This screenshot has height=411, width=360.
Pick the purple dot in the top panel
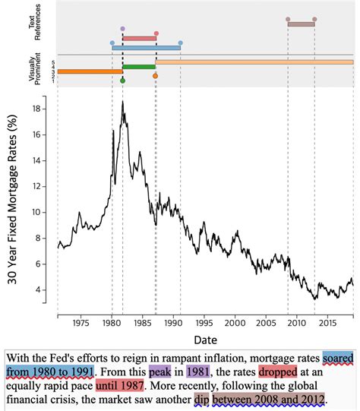pos(123,27)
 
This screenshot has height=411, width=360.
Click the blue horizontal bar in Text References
pos(146,47)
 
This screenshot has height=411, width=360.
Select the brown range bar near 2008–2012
pos(301,24)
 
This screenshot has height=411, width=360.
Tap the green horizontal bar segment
pos(139,67)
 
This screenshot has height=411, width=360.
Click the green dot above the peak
pos(123,79)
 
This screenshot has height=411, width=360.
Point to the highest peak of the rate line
pos(122,101)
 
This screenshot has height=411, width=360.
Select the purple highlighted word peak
pos(160,372)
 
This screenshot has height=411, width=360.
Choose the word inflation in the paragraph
pos(207,357)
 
